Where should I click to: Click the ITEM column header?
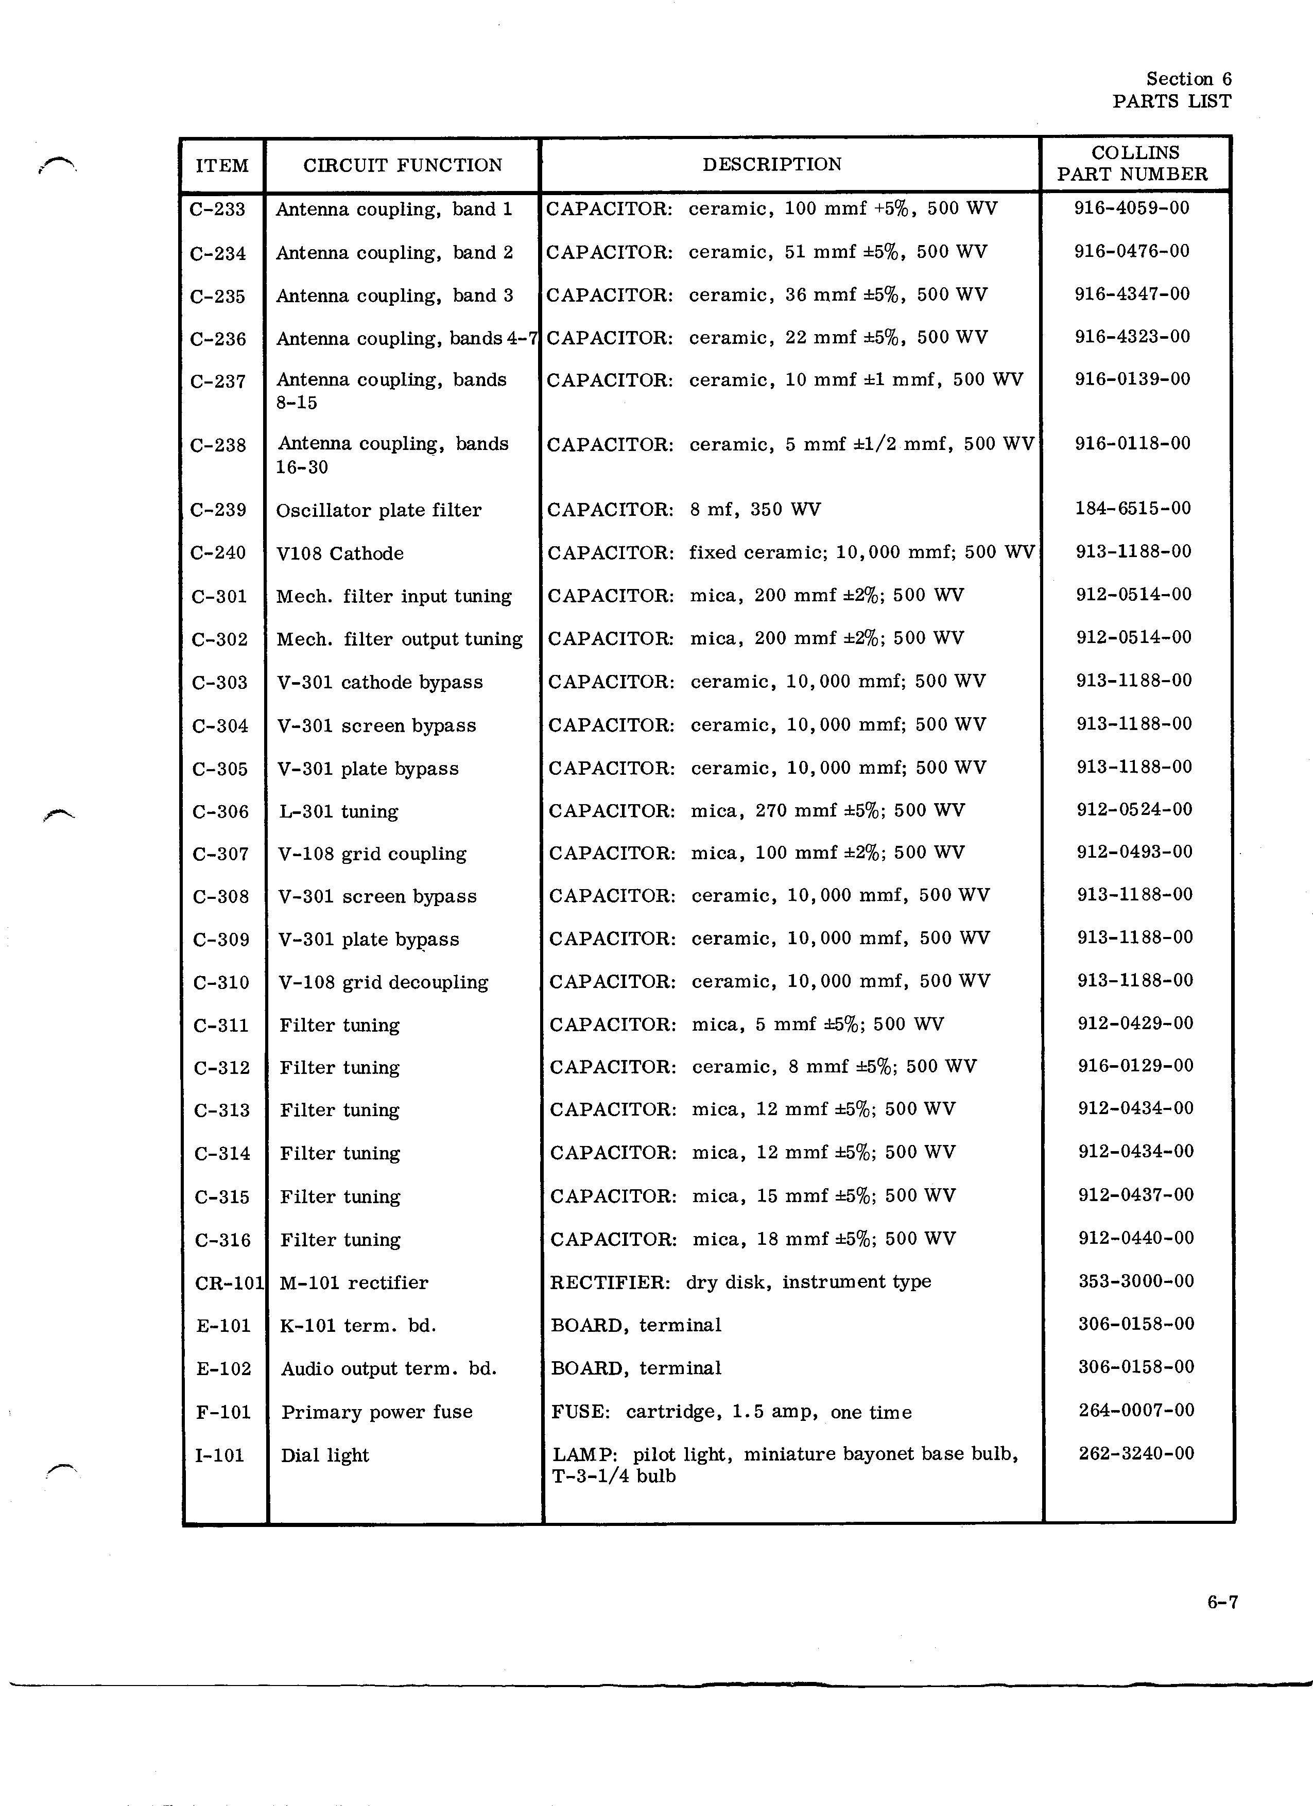[222, 166]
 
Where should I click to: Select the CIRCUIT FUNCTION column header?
[402, 166]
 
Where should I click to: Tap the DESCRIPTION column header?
[771, 165]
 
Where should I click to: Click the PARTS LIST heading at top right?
[1171, 101]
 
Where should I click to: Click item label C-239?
[218, 510]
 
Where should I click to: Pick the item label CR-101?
[229, 1283]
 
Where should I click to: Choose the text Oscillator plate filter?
[378, 510]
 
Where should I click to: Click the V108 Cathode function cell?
[340, 553]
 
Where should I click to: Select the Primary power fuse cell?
[376, 1412]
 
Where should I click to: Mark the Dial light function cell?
[325, 1455]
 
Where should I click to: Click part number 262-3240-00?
[1136, 1453]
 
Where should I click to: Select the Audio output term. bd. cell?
[389, 1369]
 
